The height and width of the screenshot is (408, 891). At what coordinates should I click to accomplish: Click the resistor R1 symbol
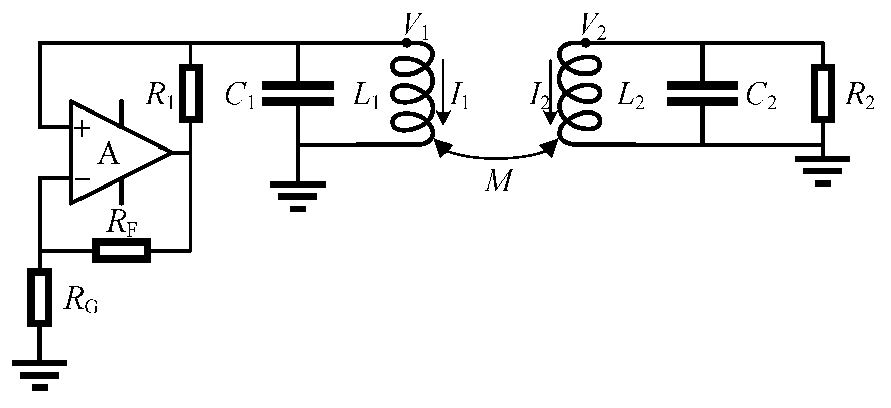point(191,93)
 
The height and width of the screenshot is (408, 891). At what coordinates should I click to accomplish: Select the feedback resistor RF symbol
point(122,250)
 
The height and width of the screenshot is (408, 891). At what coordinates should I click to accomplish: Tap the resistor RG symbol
point(40,298)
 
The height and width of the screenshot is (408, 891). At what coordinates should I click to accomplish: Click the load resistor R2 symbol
point(822,93)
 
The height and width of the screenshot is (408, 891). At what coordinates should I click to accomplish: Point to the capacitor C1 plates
point(298,94)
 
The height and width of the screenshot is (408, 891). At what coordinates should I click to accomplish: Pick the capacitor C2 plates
point(702,94)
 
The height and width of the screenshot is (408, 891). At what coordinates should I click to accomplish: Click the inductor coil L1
point(413,94)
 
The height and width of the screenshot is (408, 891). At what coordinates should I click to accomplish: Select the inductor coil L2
point(580,94)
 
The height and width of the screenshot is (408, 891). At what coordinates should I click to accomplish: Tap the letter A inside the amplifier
point(109,155)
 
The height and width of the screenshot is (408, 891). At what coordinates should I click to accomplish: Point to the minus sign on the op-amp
point(82,178)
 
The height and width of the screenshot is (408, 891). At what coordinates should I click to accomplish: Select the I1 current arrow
point(443,92)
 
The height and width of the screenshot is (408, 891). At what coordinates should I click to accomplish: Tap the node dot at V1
point(406,43)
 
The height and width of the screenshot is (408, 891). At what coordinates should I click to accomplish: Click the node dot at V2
point(586,43)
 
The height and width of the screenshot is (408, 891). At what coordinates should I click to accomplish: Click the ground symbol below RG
point(40,375)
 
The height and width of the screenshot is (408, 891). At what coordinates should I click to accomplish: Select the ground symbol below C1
point(298,196)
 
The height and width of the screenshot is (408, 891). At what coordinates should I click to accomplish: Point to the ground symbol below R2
point(823,170)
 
